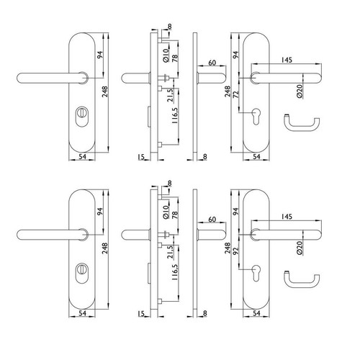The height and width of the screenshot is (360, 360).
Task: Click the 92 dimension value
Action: (x=236, y=251)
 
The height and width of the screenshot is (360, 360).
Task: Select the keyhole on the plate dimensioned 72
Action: (x=256, y=116)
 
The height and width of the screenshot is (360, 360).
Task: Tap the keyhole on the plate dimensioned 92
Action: (x=256, y=273)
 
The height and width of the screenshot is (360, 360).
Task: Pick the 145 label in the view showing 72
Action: (x=287, y=60)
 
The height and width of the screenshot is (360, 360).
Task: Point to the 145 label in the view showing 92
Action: (x=287, y=217)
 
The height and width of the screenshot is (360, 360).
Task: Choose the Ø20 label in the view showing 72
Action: (x=300, y=91)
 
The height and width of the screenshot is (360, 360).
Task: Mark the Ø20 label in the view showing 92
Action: (x=300, y=248)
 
